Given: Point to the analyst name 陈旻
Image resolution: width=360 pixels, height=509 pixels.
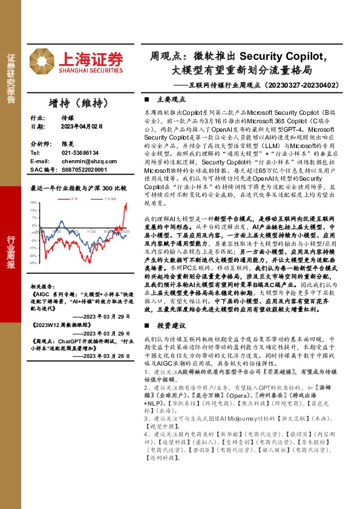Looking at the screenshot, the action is click(67, 146).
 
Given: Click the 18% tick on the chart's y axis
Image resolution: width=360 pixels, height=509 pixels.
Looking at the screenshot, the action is click(34, 203).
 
